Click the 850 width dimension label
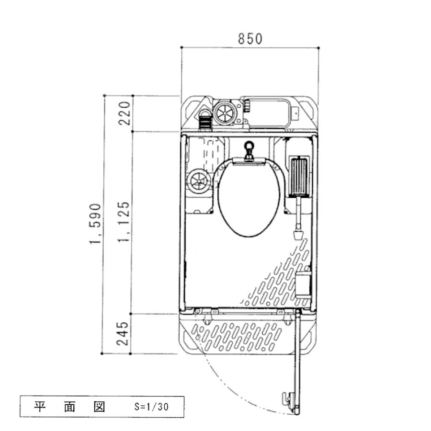(x=250, y=39)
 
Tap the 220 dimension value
(x=124, y=113)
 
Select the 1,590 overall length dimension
(x=95, y=224)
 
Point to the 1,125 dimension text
(x=124, y=222)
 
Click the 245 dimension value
(x=122, y=333)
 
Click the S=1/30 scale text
(x=151, y=407)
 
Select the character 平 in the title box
(x=40, y=407)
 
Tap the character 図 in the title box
(x=99, y=407)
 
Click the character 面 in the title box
(x=69, y=407)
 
